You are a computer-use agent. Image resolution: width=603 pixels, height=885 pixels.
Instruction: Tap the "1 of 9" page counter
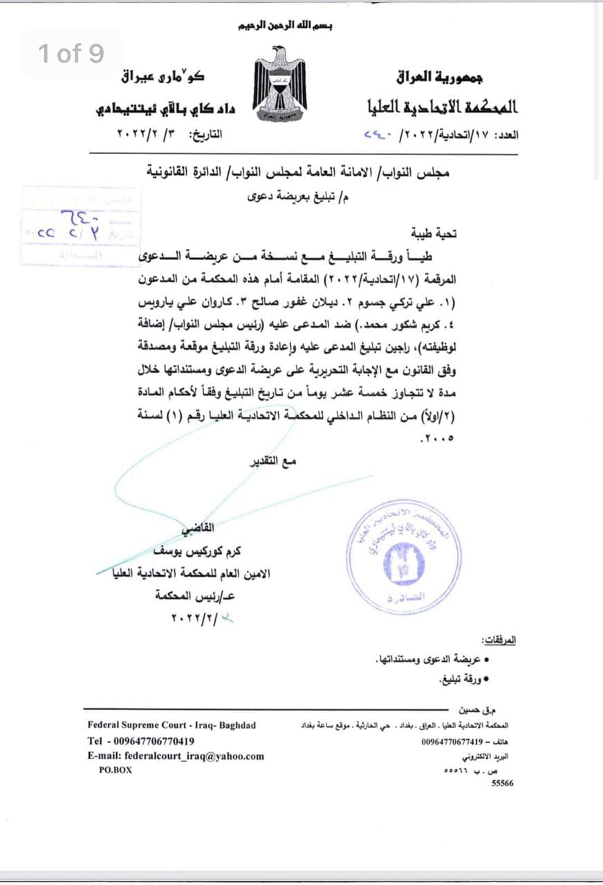pos(71,53)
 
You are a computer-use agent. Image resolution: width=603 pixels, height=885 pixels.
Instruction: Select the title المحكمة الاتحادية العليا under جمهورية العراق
pos(443,106)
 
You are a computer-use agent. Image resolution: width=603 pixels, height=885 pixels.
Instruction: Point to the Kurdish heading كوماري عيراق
pos(163,75)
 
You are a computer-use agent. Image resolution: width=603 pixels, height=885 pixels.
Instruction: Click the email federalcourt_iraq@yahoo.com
pos(176,756)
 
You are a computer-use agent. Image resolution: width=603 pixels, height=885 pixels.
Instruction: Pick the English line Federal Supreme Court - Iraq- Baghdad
pos(171,725)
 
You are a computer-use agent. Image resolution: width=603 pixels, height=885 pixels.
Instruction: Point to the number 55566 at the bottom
pos(502,783)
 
